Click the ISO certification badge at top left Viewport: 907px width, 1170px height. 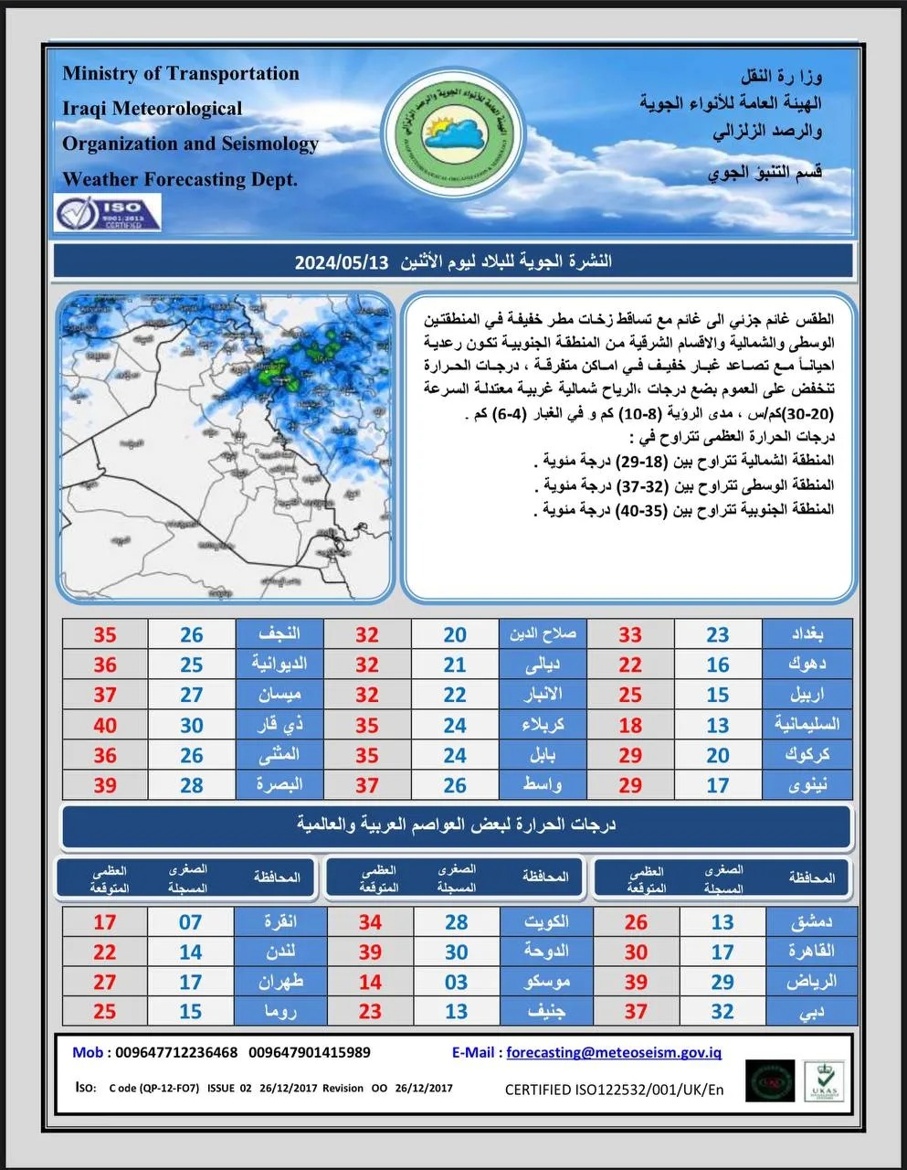pos(108,212)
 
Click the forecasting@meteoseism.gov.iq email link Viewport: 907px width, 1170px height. pos(613,1052)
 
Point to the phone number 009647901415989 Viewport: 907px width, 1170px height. pos(310,1052)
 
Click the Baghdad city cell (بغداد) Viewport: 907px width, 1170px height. pos(807,633)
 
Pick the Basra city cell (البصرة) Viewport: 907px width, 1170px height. pos(279,784)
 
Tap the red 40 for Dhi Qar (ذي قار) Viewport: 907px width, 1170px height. pos(105,725)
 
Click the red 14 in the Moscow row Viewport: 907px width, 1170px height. pos(370,982)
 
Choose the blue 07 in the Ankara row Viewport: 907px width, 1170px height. pos(190,921)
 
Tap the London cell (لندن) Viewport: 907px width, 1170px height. pos(279,952)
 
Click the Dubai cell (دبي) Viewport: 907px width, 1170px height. pos(812,1011)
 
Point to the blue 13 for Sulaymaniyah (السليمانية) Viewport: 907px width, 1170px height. pos(718,725)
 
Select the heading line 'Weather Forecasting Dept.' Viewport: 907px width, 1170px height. pos(180,179)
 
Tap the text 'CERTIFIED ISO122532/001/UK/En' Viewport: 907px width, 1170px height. pos(614,1089)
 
